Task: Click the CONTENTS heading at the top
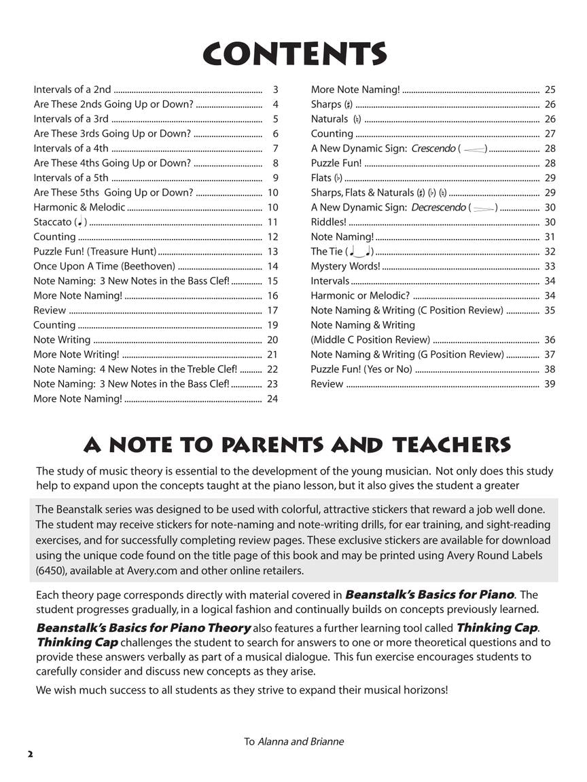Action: click(293, 54)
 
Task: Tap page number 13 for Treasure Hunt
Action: click(273, 252)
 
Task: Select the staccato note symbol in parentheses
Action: click(80, 222)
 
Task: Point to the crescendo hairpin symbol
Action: click(475, 149)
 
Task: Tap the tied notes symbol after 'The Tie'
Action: click(360, 252)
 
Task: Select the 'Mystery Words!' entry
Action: click(345, 266)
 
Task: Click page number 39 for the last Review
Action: click(550, 384)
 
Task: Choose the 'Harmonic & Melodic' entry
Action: click(79, 208)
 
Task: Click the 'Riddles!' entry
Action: click(328, 222)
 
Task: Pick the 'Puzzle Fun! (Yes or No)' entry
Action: click(361, 369)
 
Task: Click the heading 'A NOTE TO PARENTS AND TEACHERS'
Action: click(297, 445)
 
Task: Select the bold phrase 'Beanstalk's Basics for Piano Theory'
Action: click(143, 628)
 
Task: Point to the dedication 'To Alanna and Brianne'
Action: click(293, 741)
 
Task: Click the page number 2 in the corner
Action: click(30, 754)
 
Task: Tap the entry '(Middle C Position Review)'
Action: click(370, 340)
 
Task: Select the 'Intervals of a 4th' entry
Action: click(71, 149)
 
